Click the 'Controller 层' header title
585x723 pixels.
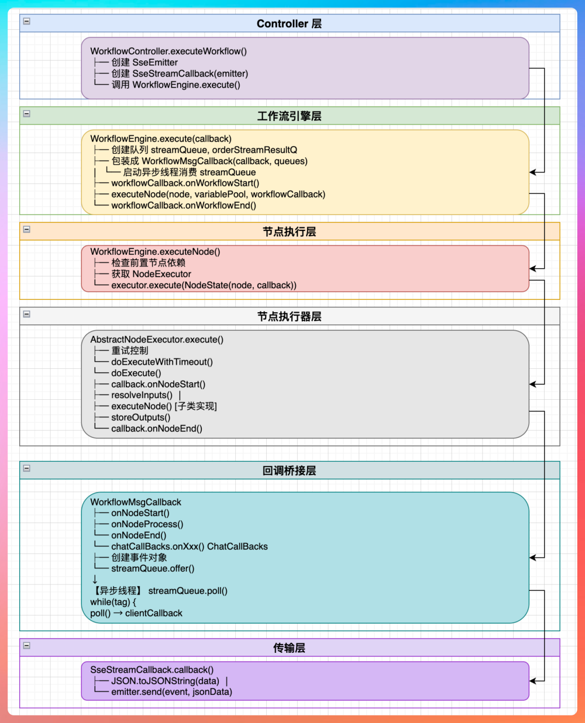pos(289,23)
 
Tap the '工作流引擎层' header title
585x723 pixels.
pos(289,116)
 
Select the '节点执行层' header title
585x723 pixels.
pos(289,231)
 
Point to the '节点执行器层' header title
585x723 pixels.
pos(289,316)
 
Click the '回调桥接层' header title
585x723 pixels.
pos(289,471)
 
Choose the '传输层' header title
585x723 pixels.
pos(289,648)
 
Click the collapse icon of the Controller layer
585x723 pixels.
pos(27,21)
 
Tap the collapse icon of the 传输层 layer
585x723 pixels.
pos(27,645)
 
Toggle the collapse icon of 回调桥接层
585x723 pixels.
pos(27,468)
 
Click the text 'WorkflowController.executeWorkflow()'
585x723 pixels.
pos(168,51)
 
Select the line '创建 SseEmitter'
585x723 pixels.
pos(144,63)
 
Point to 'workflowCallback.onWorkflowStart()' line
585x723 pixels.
pos(185,183)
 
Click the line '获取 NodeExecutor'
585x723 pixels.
pos(151,274)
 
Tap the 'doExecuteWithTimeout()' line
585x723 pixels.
pos(162,362)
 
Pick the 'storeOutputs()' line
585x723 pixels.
pos(140,417)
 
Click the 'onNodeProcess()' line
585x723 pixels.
pos(147,524)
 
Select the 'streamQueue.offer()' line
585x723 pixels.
pos(153,569)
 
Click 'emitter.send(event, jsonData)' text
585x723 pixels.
pos(171,692)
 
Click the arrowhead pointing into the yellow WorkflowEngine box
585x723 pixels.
pos(532,172)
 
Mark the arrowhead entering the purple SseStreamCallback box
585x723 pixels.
pos(532,681)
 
